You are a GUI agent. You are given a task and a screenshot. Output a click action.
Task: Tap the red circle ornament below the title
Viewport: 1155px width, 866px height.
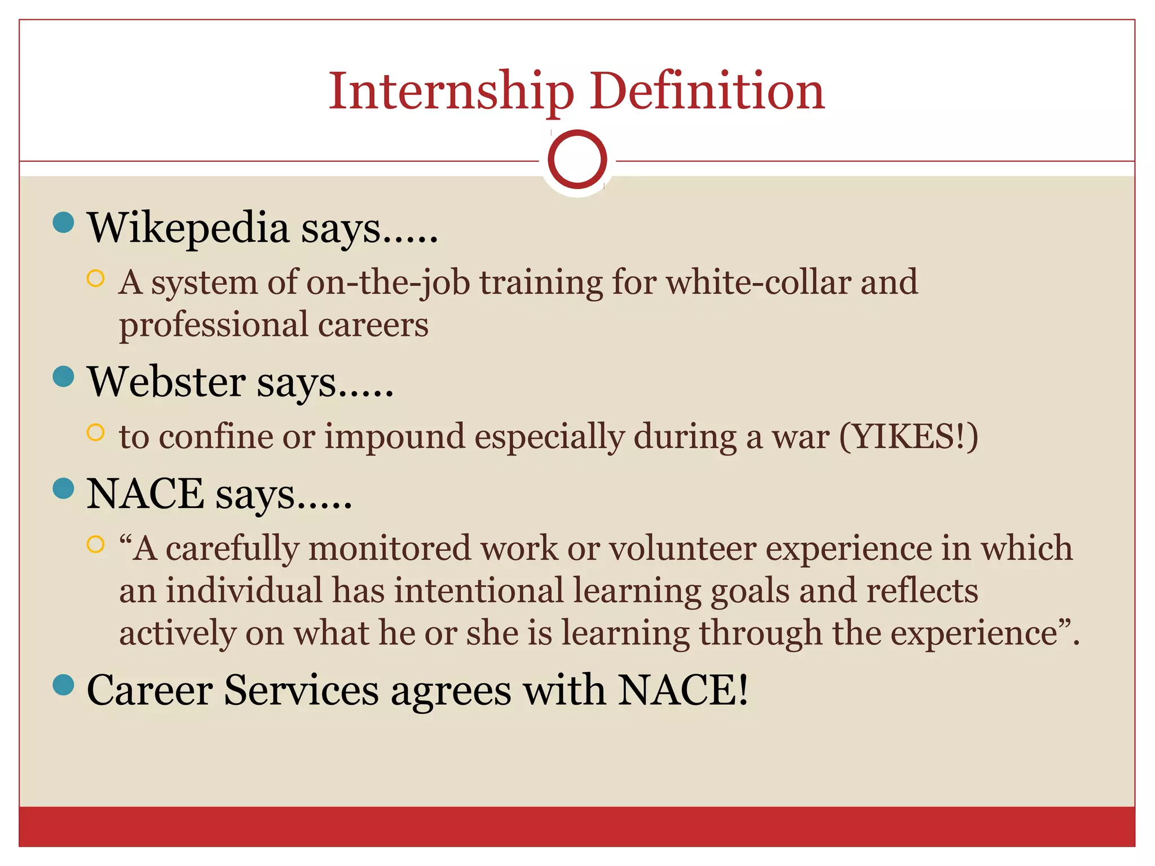(577, 160)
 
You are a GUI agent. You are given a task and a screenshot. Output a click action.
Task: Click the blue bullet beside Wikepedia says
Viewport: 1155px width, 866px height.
(63, 222)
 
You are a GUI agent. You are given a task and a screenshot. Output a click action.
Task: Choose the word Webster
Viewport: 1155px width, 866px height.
(166, 382)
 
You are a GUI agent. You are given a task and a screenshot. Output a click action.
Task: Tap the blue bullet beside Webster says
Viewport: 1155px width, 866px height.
(63, 376)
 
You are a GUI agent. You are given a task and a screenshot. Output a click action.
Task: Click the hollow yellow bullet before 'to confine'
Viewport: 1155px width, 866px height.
(96, 432)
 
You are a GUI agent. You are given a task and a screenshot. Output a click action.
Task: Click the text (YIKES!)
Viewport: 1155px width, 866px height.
(909, 437)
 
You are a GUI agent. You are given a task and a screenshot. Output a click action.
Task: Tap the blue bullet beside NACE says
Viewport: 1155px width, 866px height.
(63, 488)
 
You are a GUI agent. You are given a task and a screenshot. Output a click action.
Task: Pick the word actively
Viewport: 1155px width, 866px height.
(177, 633)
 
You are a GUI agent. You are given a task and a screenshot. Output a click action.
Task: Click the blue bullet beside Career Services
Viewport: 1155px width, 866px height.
(63, 685)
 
